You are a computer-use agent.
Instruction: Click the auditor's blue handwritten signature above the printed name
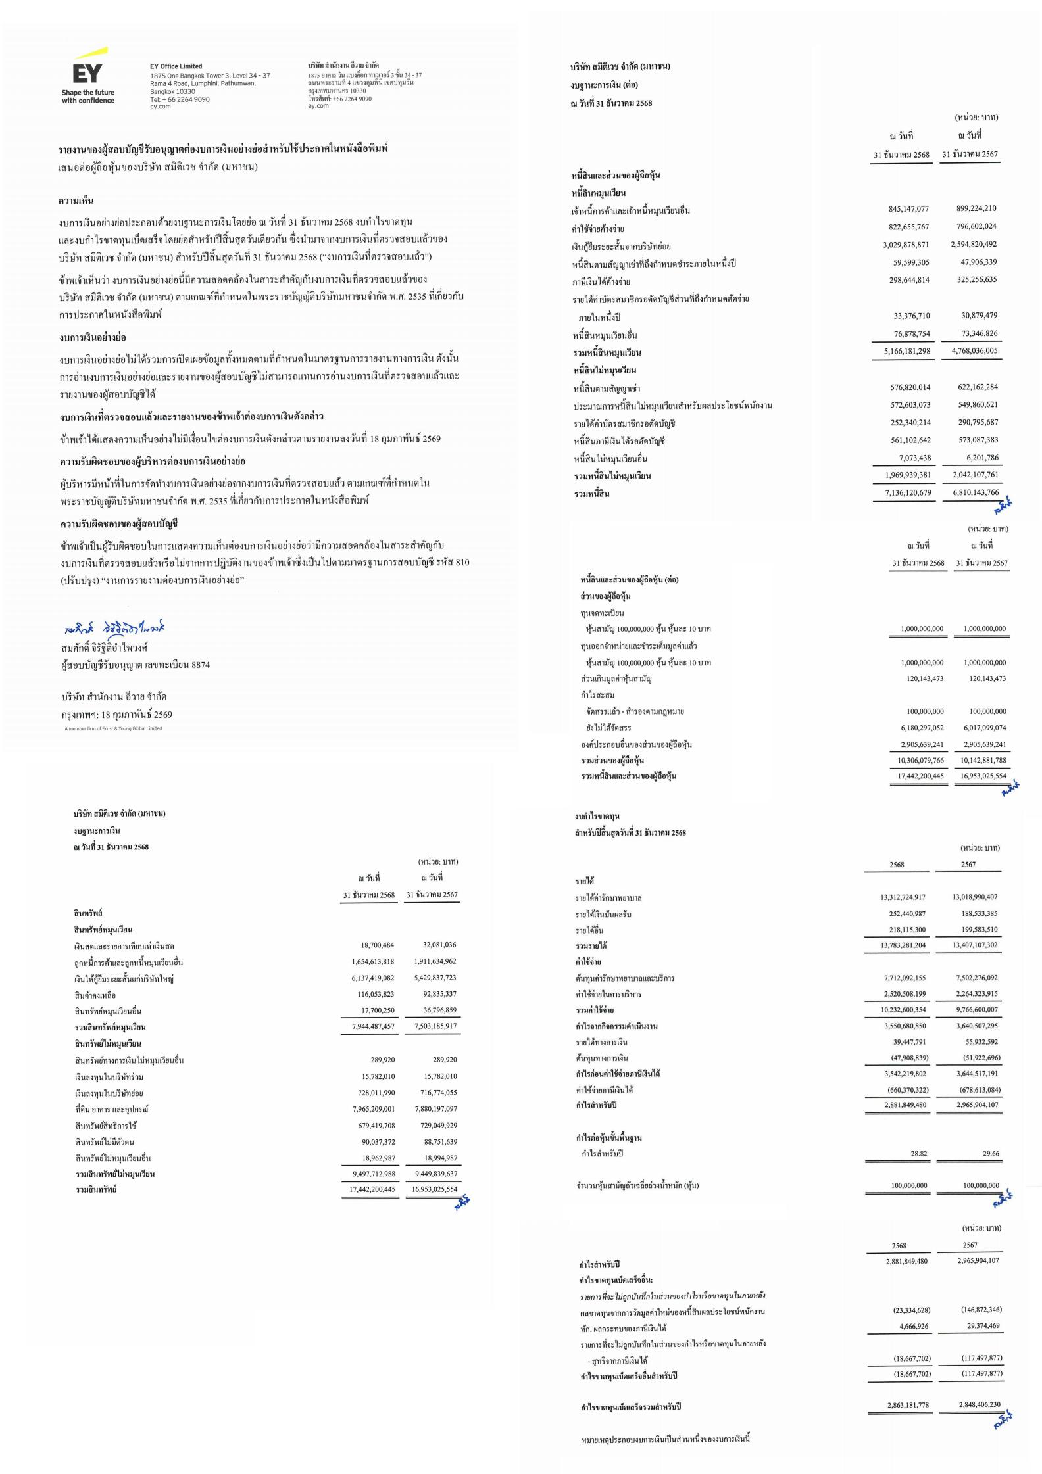[x=115, y=629]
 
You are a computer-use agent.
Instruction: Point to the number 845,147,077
[x=908, y=209]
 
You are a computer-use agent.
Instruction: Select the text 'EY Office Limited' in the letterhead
[x=176, y=66]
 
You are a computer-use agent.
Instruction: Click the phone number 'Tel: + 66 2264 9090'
[x=180, y=99]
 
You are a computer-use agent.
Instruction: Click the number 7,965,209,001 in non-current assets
[x=373, y=1109]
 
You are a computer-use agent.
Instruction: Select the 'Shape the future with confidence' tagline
[x=88, y=97]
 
